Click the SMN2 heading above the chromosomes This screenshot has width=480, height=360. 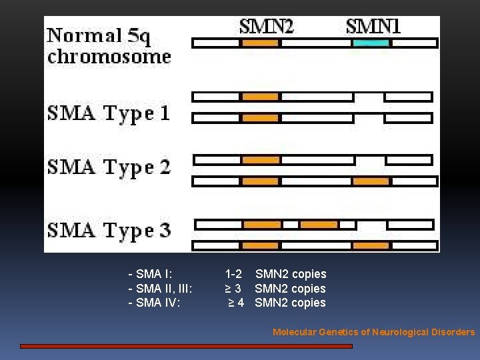point(266,27)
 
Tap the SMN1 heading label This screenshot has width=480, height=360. point(373,27)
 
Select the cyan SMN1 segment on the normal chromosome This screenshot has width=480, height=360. point(371,43)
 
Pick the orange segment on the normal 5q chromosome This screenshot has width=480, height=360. point(260,43)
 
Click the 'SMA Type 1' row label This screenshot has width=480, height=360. point(109,113)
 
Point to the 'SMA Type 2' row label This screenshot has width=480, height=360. point(109,167)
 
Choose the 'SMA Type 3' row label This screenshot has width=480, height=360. point(109,231)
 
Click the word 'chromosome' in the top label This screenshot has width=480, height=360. point(109,56)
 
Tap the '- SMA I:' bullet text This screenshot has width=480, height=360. point(151,274)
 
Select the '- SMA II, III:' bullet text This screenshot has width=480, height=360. point(160,289)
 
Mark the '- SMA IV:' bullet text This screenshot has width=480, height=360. point(153,303)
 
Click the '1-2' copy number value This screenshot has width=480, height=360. point(233,274)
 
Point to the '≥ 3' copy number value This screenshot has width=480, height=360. point(233,289)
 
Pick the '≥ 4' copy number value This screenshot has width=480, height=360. point(236,303)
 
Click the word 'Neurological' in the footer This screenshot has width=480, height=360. point(400,332)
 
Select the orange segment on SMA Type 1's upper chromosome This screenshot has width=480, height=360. point(260,97)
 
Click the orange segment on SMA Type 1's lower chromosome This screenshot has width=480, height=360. point(260,118)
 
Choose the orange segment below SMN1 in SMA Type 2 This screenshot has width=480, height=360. point(371,181)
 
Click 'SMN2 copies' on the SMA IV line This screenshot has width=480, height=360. point(291,303)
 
